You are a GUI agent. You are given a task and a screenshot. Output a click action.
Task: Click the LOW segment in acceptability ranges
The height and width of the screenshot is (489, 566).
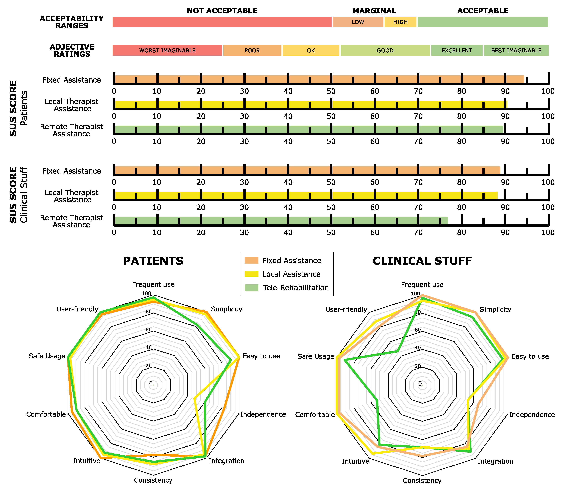358,22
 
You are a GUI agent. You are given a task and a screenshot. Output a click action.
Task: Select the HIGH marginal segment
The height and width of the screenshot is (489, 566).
400,22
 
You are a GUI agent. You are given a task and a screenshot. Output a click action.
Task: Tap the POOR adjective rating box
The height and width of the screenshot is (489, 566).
252,50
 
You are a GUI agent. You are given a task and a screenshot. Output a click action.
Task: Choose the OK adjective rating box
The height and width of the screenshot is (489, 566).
311,50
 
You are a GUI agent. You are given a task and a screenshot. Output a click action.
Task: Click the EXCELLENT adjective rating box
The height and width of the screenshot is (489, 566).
457,50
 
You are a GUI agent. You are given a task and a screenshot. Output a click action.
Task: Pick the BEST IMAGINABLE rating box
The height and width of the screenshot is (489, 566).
516,50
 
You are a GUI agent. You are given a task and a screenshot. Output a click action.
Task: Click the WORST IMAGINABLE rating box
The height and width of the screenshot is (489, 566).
167,50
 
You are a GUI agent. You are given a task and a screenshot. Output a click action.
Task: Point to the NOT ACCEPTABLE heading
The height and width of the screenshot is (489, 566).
222,11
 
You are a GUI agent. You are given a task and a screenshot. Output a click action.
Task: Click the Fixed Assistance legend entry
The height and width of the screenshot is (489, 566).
291,261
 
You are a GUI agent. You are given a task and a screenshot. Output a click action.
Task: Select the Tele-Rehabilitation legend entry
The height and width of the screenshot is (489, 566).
296,288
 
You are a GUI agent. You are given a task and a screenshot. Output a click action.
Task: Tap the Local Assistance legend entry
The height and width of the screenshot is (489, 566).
291,274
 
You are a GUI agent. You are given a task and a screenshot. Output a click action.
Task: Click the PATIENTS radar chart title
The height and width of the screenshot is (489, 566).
153,261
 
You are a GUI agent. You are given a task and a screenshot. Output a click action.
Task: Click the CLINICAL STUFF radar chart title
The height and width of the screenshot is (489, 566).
422,261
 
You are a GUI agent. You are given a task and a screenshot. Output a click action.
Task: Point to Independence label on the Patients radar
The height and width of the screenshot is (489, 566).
263,414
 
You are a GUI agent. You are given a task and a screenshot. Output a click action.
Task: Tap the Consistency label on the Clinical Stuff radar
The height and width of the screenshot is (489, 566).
422,480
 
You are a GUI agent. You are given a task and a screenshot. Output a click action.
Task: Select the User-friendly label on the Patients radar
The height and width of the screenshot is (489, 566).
77,309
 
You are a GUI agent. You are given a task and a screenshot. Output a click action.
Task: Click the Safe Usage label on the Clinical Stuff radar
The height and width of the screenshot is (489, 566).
316,356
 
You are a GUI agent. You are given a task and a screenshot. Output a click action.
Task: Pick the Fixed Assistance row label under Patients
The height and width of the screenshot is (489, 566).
72,80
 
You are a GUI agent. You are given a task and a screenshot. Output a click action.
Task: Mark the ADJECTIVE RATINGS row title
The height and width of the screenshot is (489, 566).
72,50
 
